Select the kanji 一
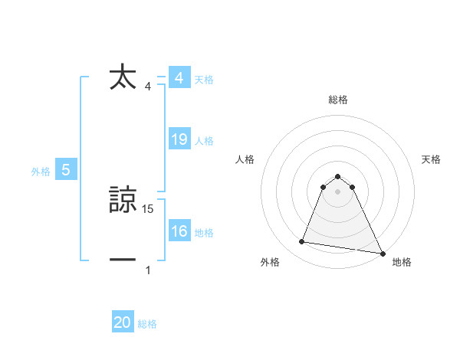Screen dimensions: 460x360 point(123,260)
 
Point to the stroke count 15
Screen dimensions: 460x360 point(149,209)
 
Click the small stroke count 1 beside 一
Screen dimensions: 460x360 point(148,270)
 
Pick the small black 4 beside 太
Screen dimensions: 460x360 point(148,86)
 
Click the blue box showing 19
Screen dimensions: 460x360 point(179,139)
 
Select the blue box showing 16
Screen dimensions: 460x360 point(179,231)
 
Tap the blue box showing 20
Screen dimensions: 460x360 point(123,322)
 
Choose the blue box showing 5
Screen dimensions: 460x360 point(66,170)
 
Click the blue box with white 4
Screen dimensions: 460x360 point(179,78)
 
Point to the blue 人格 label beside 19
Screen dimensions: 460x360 point(204,141)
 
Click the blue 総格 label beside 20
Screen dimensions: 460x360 point(147,324)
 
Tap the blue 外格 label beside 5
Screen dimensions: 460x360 point(41,172)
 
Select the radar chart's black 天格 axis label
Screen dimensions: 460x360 point(431,159)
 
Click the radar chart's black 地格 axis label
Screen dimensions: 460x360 point(402,263)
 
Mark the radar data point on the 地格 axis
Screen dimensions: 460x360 point(382,253)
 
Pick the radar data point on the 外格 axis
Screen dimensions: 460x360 point(302,242)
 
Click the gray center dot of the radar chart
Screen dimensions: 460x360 point(338,191)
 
